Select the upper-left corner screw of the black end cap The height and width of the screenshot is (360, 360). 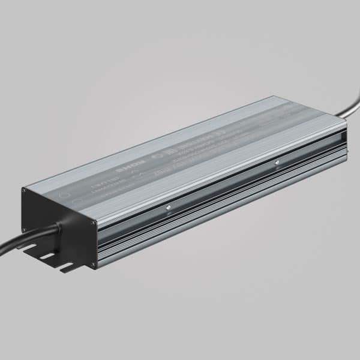pos(23,191)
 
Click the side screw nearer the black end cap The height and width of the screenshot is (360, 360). pos(170,208)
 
